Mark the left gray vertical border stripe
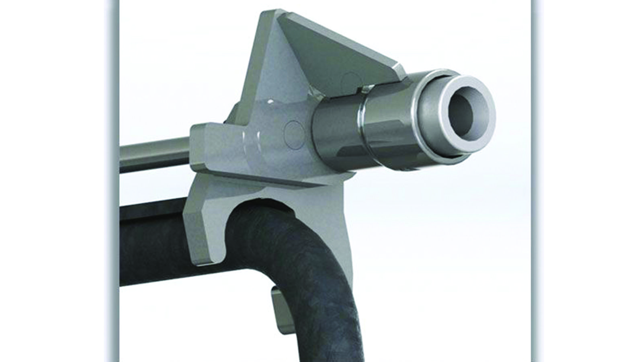113,181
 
